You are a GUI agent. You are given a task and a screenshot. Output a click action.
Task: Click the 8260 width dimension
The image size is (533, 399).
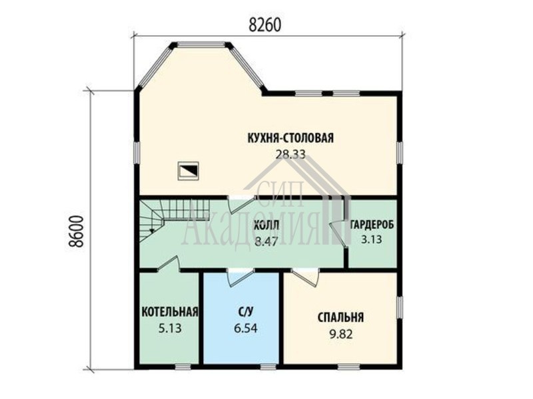(265, 25)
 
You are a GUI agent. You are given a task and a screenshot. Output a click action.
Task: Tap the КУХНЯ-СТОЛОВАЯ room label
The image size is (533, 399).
(290, 138)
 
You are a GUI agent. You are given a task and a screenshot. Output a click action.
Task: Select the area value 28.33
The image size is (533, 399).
(290, 154)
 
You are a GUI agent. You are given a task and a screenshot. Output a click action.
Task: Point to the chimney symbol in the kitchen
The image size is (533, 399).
(189, 170)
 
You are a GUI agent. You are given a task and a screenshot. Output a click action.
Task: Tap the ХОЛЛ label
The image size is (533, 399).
(266, 225)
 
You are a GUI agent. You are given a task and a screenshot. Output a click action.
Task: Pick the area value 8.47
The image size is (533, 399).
(266, 241)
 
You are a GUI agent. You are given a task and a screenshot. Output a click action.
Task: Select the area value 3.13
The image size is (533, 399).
(371, 239)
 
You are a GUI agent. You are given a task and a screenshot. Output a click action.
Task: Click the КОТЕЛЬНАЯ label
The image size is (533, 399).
(170, 311)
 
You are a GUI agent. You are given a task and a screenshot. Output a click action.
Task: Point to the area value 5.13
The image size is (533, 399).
(170, 328)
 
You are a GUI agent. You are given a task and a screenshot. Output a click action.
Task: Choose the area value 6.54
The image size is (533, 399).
(245, 328)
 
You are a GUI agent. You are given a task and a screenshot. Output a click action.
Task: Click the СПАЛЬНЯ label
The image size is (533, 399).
(340, 318)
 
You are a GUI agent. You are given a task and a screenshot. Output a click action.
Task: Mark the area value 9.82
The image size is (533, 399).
(340, 334)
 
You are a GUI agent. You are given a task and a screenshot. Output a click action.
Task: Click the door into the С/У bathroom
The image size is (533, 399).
(241, 277)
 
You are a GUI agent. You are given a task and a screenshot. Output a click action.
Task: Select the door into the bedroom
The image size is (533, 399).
(305, 277)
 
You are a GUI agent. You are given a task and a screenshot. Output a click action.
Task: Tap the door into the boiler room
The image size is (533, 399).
(169, 264)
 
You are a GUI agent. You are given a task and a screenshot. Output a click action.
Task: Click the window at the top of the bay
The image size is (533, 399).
(201, 44)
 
